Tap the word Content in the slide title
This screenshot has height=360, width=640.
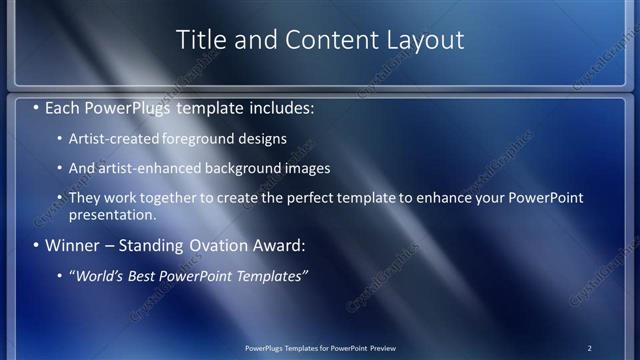[x=327, y=39]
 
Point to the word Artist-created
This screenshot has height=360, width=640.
[x=111, y=138]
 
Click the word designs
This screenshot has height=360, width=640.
[x=259, y=138]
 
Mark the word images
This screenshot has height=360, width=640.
[x=306, y=168]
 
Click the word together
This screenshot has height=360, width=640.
[x=179, y=198]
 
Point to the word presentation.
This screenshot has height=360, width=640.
[x=112, y=214]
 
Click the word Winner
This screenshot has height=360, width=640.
[x=76, y=245]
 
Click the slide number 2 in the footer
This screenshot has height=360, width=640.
[x=589, y=348]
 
